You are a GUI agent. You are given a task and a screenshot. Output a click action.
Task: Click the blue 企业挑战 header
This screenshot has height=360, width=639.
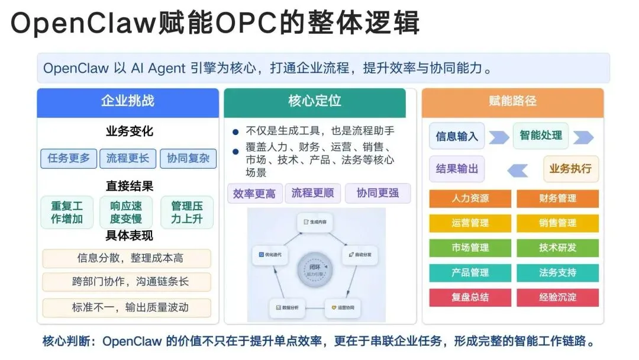(127, 101)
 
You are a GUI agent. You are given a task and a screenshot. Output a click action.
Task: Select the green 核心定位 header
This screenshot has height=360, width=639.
(314, 101)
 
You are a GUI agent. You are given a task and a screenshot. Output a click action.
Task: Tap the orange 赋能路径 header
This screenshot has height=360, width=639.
(512, 101)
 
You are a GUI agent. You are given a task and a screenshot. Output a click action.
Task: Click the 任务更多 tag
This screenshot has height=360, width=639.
(69, 158)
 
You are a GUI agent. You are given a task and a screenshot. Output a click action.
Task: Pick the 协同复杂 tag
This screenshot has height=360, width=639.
(188, 158)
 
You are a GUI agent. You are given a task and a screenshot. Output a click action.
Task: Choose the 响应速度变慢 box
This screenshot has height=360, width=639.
(127, 213)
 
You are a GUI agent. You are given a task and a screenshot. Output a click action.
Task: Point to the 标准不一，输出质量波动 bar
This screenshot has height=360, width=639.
(127, 307)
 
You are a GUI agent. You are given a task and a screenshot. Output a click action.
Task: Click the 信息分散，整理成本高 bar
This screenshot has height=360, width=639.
(127, 258)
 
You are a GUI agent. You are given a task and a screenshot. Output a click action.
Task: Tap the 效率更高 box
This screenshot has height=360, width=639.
(254, 194)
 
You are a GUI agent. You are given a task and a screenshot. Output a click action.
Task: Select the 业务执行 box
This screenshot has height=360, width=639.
(570, 169)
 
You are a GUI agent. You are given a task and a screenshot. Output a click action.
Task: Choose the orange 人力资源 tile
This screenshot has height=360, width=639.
(470, 198)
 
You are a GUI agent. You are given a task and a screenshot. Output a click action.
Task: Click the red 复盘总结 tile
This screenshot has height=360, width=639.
(470, 297)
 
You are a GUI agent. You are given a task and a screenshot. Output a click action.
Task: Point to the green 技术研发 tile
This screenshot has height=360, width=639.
(557, 247)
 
